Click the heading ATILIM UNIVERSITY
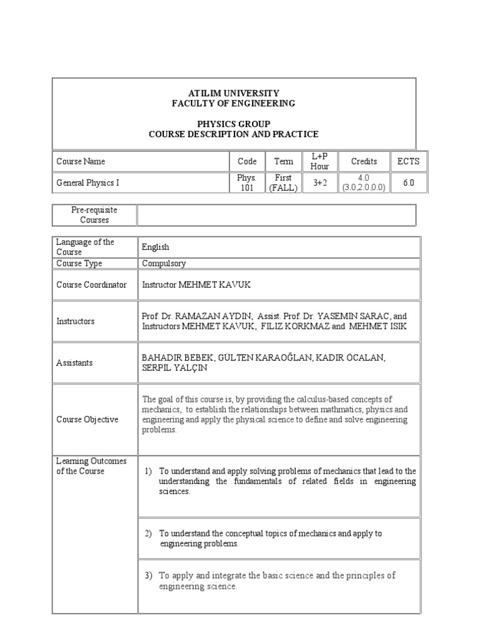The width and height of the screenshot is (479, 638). [233, 93]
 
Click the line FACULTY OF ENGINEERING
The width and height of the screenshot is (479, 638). [233, 103]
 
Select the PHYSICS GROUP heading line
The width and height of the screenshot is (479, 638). [233, 124]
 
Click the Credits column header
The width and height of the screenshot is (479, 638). [364, 161]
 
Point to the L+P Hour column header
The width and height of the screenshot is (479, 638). [319, 161]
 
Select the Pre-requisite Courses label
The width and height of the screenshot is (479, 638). [94, 215]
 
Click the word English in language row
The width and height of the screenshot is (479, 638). [155, 247]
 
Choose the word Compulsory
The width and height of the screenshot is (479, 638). [163, 264]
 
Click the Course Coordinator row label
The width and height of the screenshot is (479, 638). [91, 285]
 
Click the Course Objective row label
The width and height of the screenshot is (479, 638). [87, 419]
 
